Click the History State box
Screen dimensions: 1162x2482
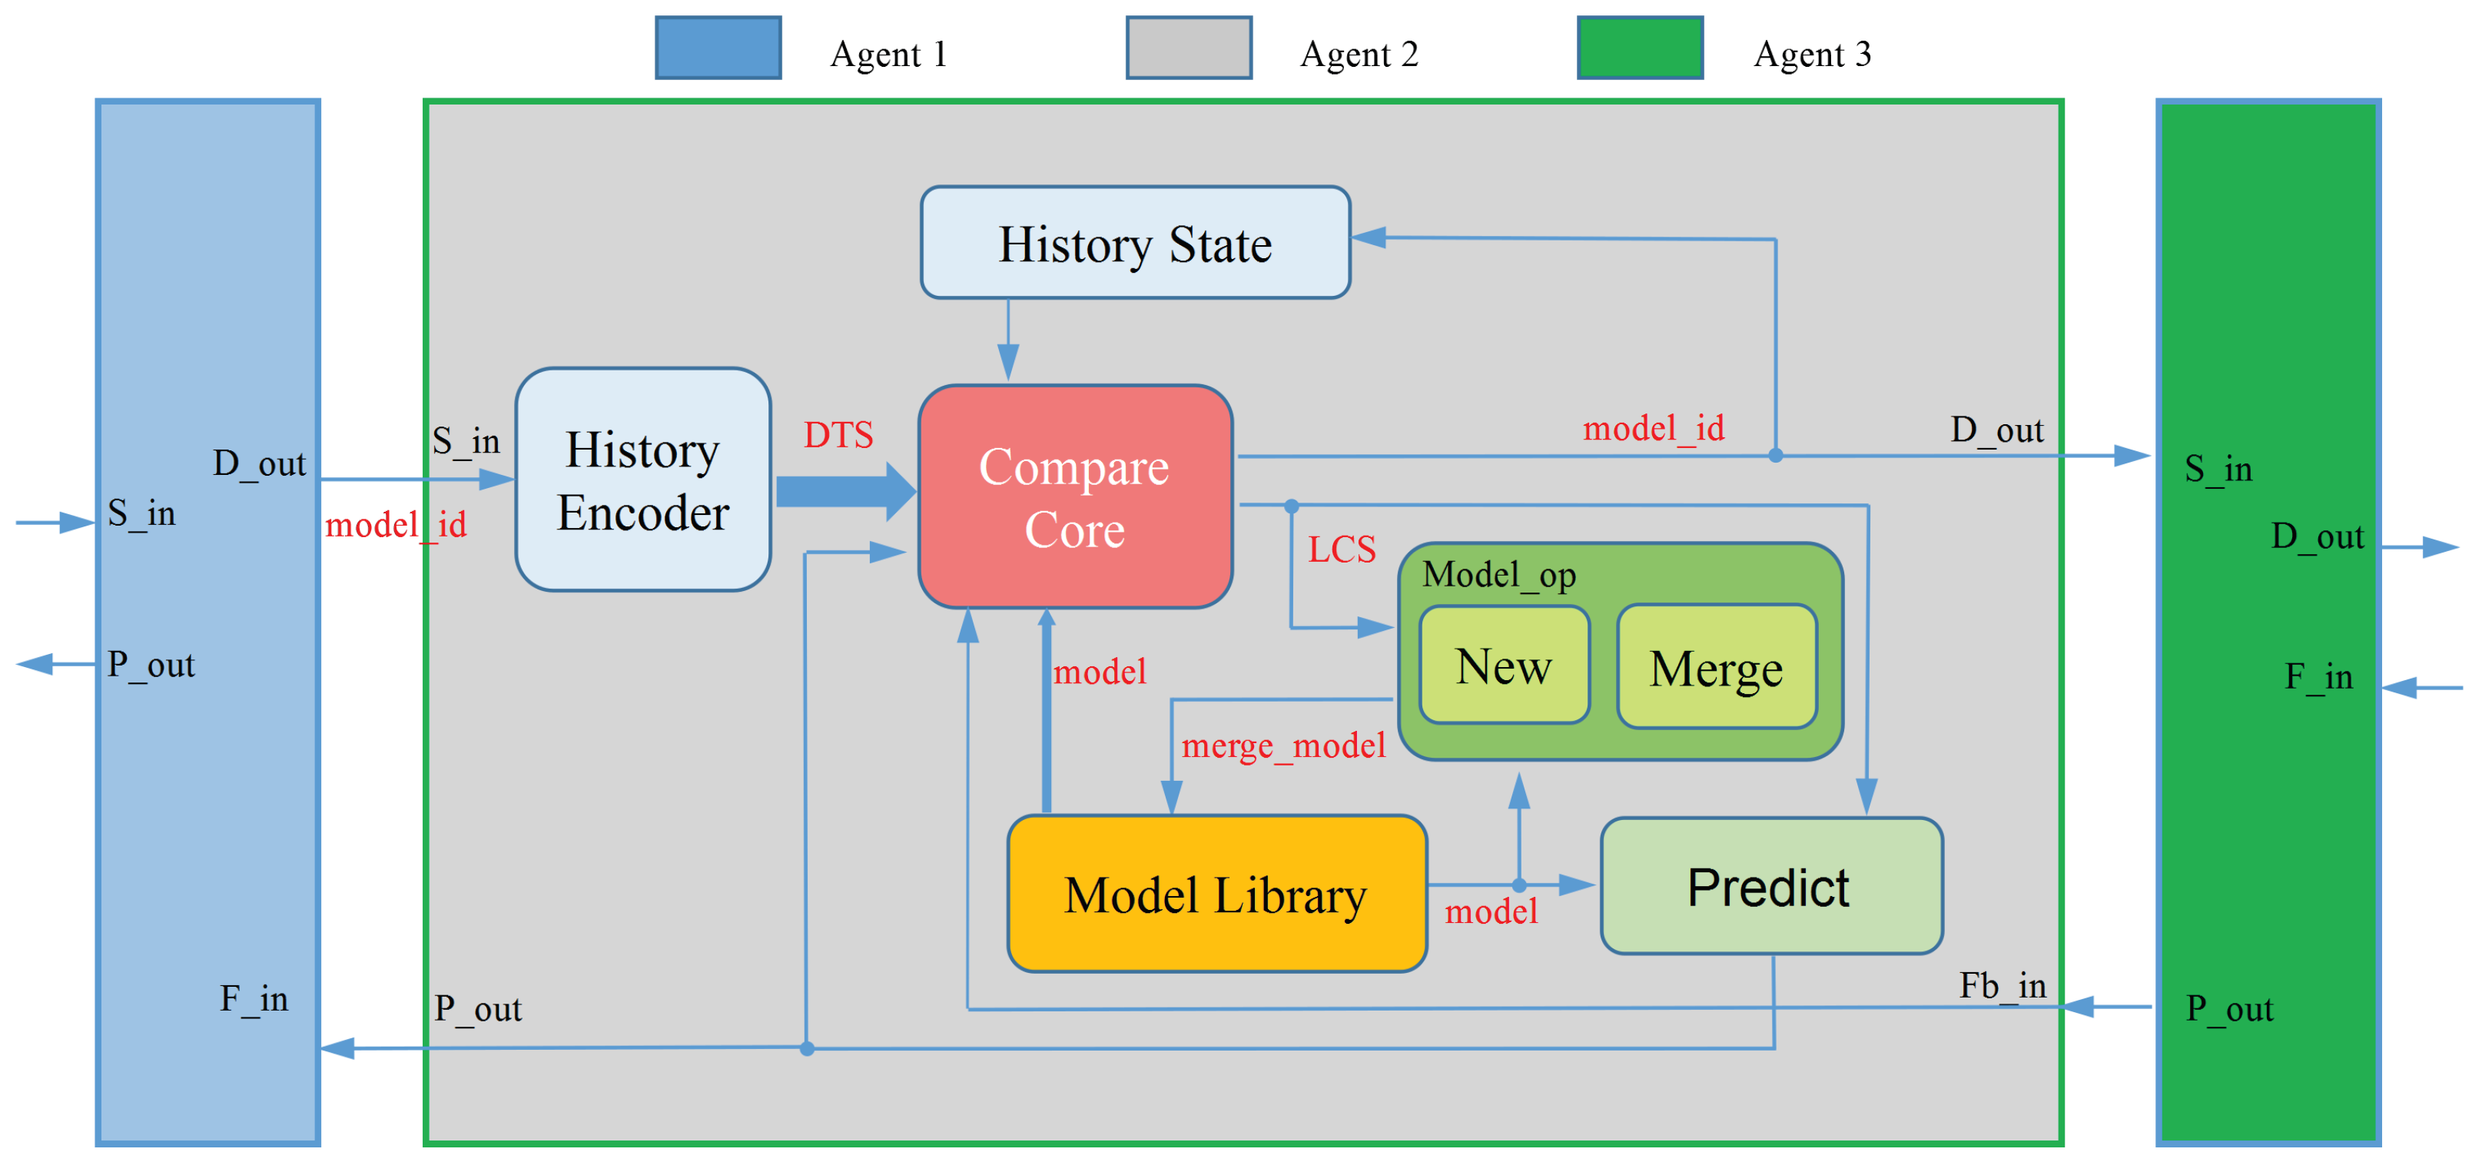1135,243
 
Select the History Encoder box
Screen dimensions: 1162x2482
642,480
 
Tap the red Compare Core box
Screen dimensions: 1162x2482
1075,497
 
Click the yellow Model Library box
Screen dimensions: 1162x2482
1216,894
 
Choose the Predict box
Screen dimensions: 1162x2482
1771,886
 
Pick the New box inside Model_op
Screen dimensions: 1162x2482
1503,666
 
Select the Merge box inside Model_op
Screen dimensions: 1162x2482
1716,668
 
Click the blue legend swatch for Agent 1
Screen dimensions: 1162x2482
718,47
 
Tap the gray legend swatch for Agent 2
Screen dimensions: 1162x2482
1188,47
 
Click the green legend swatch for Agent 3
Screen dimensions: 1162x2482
1639,47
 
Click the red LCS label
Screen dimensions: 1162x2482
1341,550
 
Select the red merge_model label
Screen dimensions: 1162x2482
1282,745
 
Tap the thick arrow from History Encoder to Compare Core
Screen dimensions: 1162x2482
844,491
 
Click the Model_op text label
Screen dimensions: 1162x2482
1498,575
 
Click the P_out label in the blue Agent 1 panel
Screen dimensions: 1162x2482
151,665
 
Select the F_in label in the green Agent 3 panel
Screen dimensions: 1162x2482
2318,676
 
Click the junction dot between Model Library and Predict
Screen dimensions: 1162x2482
1518,885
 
